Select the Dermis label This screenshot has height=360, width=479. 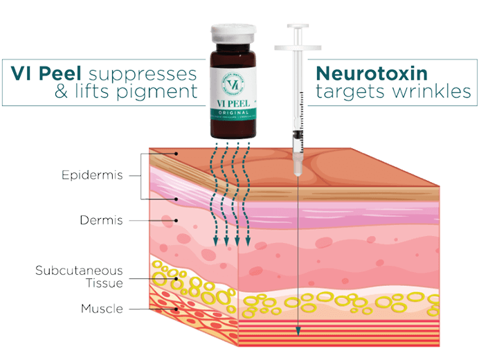click(101, 221)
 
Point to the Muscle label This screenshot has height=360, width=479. click(101, 309)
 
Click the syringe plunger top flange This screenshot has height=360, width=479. click(298, 48)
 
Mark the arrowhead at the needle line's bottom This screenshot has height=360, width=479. click(298, 332)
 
